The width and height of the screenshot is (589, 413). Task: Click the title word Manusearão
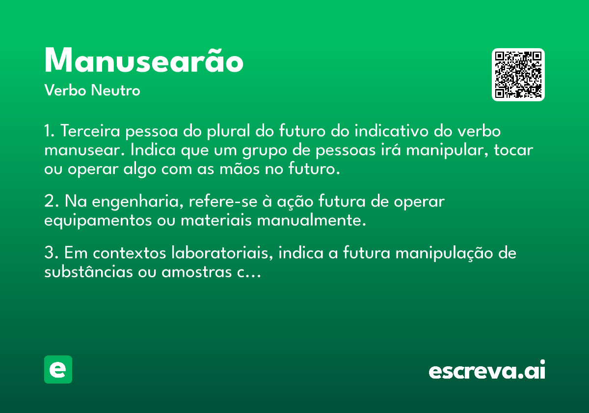144,60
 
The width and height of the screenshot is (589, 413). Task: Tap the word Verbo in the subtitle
65,90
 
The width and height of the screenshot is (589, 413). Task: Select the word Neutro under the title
115,90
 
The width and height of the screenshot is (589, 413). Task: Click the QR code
518,75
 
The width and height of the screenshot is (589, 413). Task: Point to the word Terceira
90,131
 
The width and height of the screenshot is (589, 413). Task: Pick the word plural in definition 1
228,131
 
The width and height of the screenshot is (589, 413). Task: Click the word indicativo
392,131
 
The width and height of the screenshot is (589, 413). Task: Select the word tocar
513,150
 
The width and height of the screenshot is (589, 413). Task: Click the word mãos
240,169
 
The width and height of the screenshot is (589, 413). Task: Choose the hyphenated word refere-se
223,201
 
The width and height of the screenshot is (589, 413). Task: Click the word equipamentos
98,221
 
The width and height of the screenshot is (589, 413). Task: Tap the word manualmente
311,220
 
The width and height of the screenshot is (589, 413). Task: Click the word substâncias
88,271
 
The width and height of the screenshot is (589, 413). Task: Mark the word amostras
197,272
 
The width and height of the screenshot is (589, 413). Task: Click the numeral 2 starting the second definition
49,201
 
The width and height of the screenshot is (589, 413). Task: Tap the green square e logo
58,369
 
